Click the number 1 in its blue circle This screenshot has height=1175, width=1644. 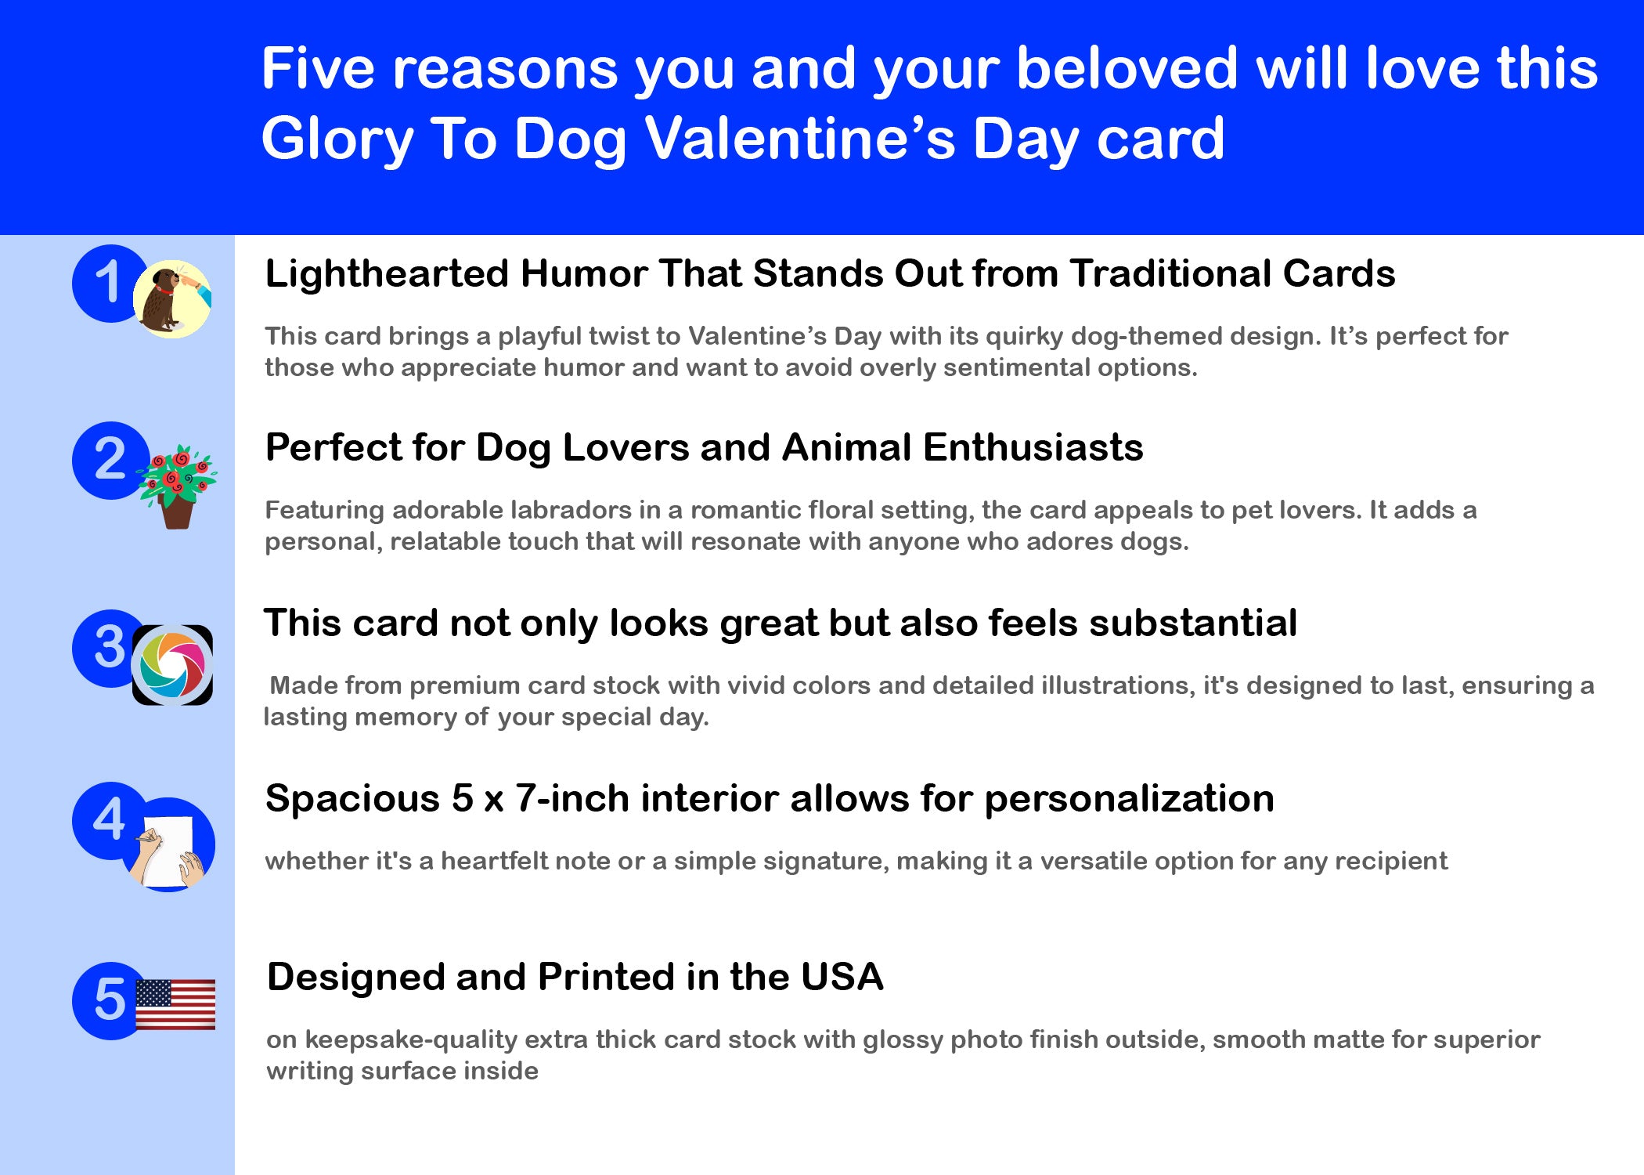[x=109, y=282]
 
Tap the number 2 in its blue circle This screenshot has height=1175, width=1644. [x=110, y=459]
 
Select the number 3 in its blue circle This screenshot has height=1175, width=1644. [x=110, y=647]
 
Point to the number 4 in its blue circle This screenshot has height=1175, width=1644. [x=109, y=819]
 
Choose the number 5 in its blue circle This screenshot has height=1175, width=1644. [x=110, y=1000]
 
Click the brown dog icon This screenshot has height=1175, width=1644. [x=171, y=299]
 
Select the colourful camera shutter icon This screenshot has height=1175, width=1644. [x=172, y=665]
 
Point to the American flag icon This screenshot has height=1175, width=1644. [x=175, y=1004]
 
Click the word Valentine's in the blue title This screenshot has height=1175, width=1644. [x=800, y=139]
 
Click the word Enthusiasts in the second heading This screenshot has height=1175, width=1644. [x=1033, y=448]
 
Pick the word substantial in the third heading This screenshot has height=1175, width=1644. [x=1193, y=624]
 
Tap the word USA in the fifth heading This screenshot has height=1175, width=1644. [x=842, y=978]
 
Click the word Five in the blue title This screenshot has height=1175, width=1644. [x=318, y=68]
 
